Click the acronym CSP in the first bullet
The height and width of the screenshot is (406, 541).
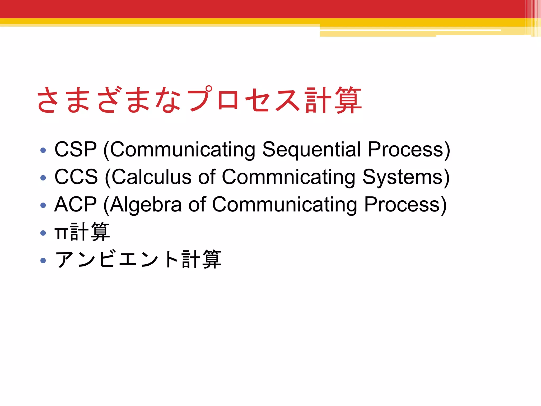point(76,149)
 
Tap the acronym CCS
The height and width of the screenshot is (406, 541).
point(76,177)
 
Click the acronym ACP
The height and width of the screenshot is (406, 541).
point(76,204)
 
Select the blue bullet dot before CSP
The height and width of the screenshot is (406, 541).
point(43,150)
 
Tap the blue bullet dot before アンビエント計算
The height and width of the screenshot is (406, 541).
point(43,260)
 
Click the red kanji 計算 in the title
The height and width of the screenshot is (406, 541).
point(333,100)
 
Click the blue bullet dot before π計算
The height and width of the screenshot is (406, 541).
point(43,233)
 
